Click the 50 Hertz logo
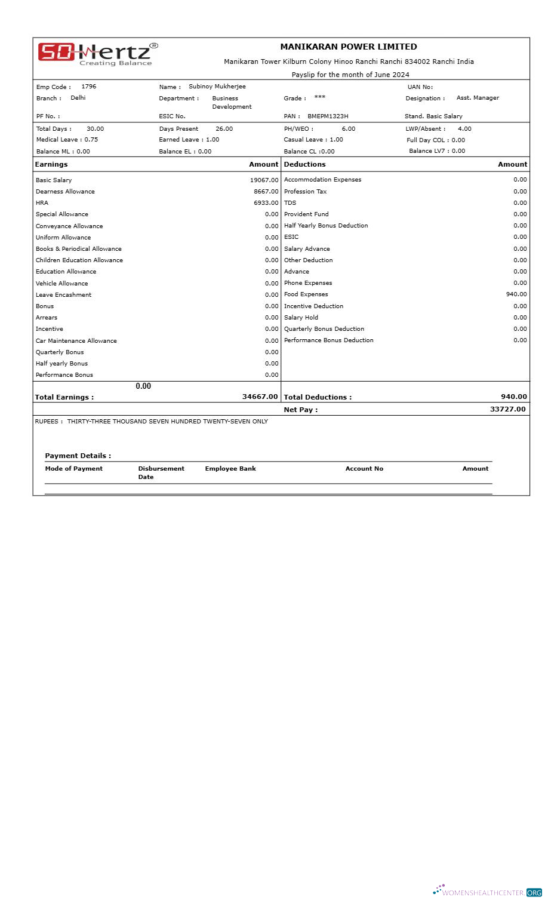click(98, 53)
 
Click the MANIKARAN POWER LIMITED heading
click(349, 47)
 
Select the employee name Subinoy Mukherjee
click(217, 87)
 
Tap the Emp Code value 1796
click(88, 87)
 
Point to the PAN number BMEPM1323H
click(328, 116)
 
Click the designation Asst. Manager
click(478, 98)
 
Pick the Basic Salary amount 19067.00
click(264, 180)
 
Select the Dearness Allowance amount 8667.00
click(266, 192)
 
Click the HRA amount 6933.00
click(266, 203)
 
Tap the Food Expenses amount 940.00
click(516, 294)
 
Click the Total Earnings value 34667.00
click(260, 397)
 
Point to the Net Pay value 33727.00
click(507, 409)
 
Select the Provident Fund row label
click(306, 214)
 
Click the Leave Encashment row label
click(63, 295)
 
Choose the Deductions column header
click(304, 164)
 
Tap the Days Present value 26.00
click(224, 129)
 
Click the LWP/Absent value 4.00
click(464, 129)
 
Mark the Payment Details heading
click(78, 456)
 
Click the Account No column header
click(364, 469)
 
